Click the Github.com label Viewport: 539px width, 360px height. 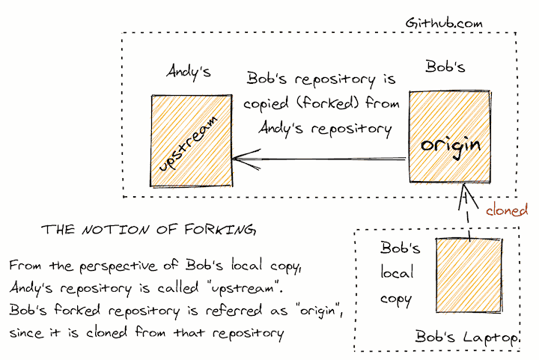pyautogui.click(x=444, y=22)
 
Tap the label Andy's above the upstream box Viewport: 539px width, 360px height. pyautogui.click(x=188, y=73)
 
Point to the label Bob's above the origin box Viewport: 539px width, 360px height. pyautogui.click(x=445, y=67)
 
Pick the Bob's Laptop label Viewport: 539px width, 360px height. pyautogui.click(x=467, y=338)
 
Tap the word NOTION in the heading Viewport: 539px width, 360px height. pyautogui.click(x=111, y=230)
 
